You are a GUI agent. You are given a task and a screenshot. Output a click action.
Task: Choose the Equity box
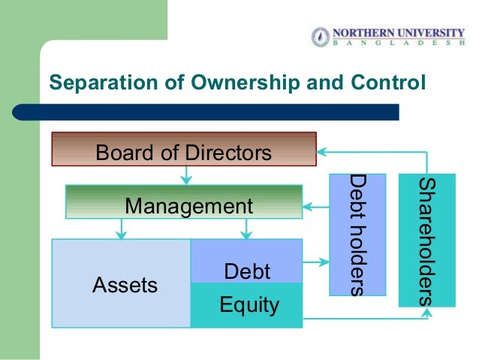(x=246, y=304)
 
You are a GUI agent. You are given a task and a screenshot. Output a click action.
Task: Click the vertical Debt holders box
(x=357, y=234)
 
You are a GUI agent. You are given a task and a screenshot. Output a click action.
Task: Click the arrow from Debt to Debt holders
(x=315, y=262)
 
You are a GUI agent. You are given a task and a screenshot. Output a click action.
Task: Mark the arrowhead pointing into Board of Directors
(x=322, y=150)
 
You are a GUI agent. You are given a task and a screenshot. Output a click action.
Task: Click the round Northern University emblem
(x=321, y=36)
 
